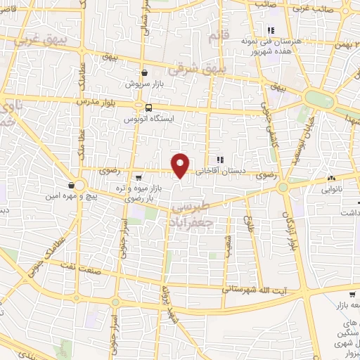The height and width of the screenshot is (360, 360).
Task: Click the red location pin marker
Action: coord(181,165)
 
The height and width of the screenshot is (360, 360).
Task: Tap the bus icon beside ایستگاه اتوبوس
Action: coord(148,108)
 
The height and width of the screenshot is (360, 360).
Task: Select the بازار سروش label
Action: coord(145,84)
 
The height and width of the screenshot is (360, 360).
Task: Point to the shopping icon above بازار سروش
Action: coord(144,72)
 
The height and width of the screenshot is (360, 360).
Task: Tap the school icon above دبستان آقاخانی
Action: coord(219,159)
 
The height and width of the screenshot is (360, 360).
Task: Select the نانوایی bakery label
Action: coord(333,188)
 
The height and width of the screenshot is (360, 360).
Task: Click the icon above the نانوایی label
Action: coord(332,178)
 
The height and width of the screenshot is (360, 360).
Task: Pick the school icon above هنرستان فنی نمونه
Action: coord(269,30)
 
